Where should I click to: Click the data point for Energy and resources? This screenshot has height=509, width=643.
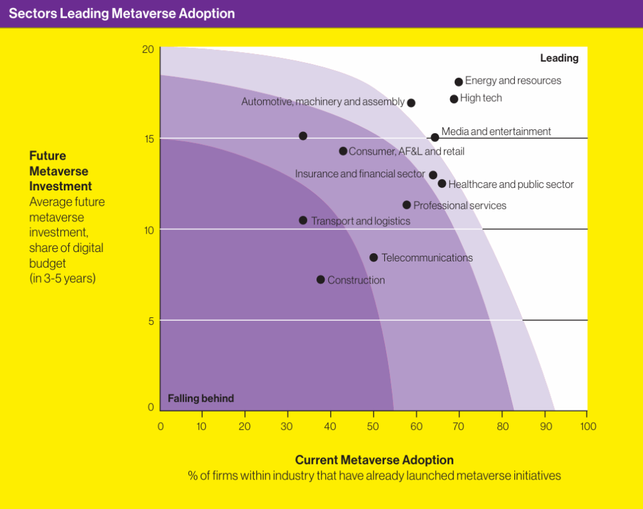point(458,82)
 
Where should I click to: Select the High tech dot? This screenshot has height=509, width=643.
point(453,99)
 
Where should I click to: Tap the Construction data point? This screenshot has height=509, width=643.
point(321,280)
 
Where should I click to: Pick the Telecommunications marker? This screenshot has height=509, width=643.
point(373,258)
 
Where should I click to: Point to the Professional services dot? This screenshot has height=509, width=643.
point(406,205)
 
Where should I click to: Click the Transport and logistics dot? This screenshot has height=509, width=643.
point(303,221)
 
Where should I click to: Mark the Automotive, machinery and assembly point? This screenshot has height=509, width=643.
point(411,102)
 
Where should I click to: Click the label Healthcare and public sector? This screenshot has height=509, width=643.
point(511,184)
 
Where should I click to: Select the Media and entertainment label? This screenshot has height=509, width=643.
point(496,131)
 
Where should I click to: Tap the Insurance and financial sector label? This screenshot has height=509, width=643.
point(360,173)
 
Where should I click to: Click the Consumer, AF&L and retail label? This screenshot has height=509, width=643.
point(406,151)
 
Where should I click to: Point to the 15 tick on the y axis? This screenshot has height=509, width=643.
point(149,139)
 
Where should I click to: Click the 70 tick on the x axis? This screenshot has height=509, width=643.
point(458,427)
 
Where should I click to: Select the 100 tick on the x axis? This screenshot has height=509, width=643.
point(588,427)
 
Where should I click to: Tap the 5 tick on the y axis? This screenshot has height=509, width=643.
point(151,321)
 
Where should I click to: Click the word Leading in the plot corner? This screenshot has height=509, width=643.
point(559,58)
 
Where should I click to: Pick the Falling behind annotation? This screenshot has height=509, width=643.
point(201,398)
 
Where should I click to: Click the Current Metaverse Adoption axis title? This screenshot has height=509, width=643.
point(374,460)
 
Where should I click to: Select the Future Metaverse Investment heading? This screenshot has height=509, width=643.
point(61,171)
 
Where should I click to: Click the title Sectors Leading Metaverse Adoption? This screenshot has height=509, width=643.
point(122,14)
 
